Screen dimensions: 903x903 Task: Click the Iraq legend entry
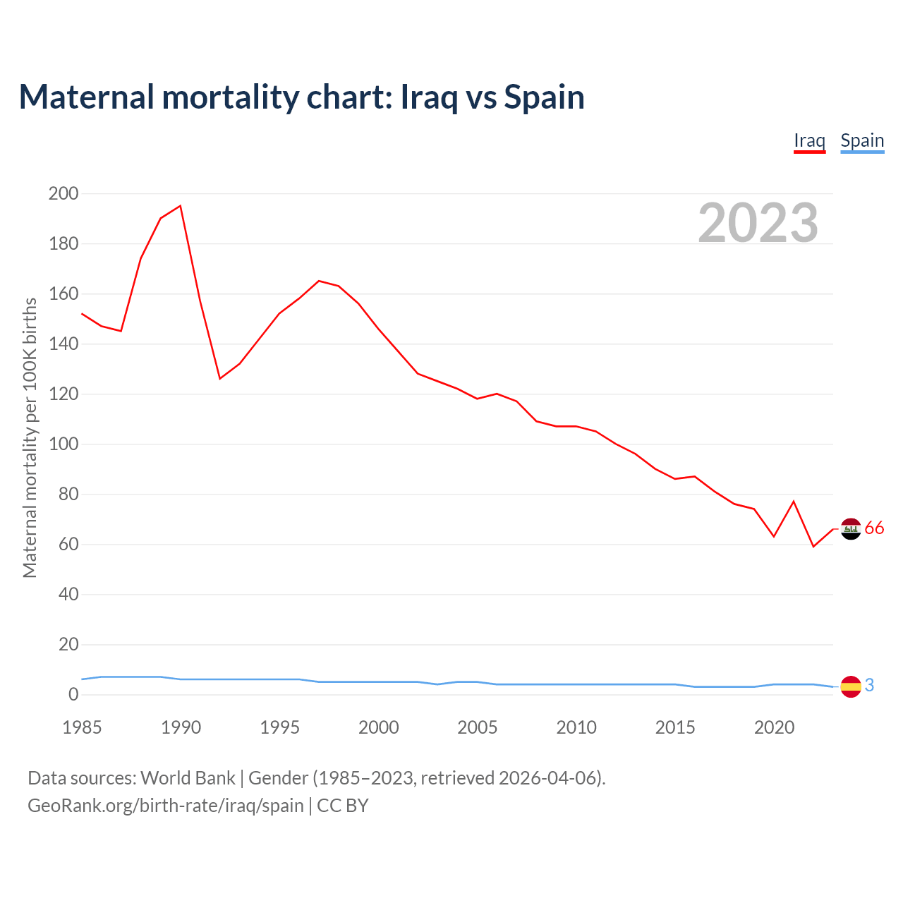coord(809,140)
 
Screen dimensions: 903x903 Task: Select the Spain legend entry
coord(862,140)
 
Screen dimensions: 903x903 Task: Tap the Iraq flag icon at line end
coord(851,528)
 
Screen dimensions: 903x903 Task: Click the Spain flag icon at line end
coord(851,686)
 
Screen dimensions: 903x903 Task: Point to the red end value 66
coord(874,528)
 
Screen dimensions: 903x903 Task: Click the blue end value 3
coord(870,685)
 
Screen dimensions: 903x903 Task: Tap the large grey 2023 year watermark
coord(758,223)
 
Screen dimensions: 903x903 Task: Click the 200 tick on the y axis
coord(63,193)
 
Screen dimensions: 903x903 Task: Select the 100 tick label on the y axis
coord(63,444)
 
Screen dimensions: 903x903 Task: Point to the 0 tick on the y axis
coord(73,695)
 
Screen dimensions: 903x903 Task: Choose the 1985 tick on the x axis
coord(82,727)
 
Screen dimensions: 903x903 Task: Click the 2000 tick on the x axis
coord(379,727)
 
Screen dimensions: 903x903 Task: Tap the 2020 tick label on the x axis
coord(775,727)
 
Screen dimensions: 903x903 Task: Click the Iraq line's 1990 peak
coord(181,206)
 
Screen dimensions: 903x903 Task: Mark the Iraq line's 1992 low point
coord(220,379)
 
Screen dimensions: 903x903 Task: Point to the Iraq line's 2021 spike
coord(794,502)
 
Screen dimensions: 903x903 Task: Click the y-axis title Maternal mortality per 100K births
coord(30,437)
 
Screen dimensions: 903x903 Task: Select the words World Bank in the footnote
coord(188,778)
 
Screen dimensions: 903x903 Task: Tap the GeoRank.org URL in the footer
coord(166,806)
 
